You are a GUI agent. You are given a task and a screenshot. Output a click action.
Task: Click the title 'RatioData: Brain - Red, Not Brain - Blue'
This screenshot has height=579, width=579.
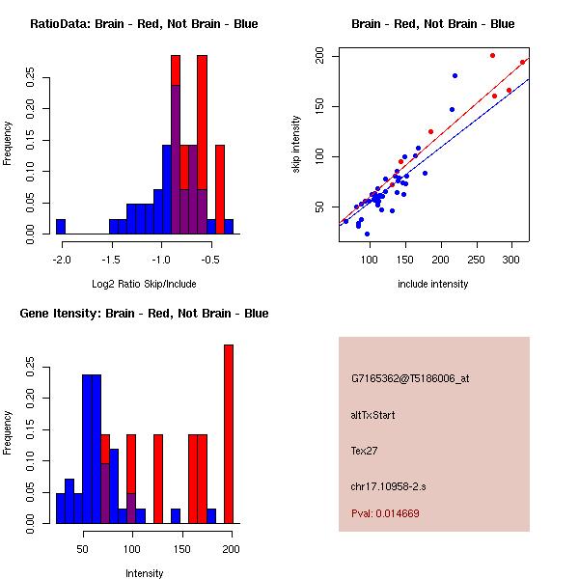coord(144,24)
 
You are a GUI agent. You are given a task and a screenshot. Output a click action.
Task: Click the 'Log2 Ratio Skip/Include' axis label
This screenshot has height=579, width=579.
coord(144,284)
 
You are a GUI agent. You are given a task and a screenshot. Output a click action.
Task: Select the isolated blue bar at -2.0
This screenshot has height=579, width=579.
coord(61,227)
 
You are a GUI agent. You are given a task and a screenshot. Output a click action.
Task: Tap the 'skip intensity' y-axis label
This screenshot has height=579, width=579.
coord(296,145)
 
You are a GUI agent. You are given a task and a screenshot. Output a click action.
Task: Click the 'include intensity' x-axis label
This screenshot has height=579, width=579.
coord(432,284)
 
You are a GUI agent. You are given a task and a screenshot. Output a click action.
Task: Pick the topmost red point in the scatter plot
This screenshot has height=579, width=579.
coord(492,56)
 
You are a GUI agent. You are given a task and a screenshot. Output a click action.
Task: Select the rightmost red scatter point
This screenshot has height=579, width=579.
coord(522,63)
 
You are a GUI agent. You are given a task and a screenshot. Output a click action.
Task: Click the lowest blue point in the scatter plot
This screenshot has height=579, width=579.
coord(367,234)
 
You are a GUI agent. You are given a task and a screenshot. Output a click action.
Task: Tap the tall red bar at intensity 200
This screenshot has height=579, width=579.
coord(229,434)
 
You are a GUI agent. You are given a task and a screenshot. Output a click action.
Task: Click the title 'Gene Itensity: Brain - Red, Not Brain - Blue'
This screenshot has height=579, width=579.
coord(144,314)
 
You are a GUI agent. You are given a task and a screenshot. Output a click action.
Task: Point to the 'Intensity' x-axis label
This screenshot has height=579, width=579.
coord(144,573)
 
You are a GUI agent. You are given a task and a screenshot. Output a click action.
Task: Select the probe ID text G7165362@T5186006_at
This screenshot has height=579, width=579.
coord(410,379)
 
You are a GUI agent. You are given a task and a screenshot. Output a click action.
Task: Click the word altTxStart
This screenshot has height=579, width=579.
coord(373,415)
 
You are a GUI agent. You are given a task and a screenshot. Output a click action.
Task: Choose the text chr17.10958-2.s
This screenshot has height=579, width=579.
coord(387,484)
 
